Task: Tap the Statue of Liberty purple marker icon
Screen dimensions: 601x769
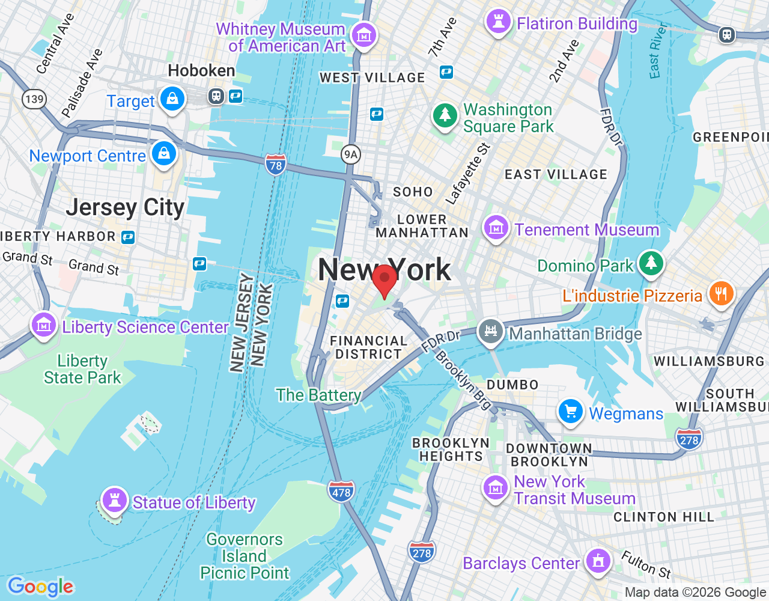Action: tap(114, 499)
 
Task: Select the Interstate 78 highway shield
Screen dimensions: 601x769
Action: tap(276, 164)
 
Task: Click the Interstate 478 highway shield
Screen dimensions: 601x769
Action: tap(341, 492)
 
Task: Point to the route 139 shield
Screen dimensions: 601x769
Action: tap(34, 99)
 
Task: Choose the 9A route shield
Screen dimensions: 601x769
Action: tap(350, 154)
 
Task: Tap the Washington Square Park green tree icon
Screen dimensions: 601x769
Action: tap(445, 115)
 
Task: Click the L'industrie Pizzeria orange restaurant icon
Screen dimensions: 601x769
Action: tap(721, 293)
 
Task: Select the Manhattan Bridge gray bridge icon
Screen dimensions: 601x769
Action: tap(491, 331)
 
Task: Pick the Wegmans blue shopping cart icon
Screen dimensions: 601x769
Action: tap(571, 412)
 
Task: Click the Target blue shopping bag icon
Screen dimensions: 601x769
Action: tap(172, 99)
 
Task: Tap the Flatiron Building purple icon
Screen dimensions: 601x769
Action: tap(498, 22)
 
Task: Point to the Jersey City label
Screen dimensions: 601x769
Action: tap(125, 207)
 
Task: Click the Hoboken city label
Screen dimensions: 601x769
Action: tap(201, 71)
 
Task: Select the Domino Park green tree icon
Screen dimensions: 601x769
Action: tap(651, 263)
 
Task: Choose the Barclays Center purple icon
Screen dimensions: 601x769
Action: tap(597, 561)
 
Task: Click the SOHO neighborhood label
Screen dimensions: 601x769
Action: tap(413, 192)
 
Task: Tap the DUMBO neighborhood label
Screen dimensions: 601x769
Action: tap(512, 385)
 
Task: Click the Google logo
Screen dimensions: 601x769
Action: tap(40, 587)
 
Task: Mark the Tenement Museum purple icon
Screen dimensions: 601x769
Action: tap(496, 228)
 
